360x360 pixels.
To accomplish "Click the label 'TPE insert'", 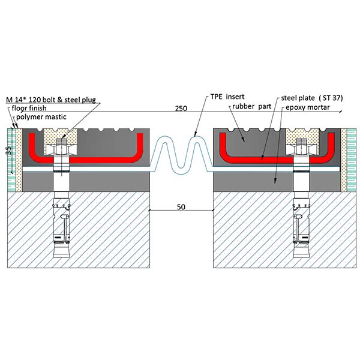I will pos(227,96).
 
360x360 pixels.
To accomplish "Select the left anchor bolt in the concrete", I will pos(60,222).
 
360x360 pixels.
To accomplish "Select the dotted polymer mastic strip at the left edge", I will pos(19,159).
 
